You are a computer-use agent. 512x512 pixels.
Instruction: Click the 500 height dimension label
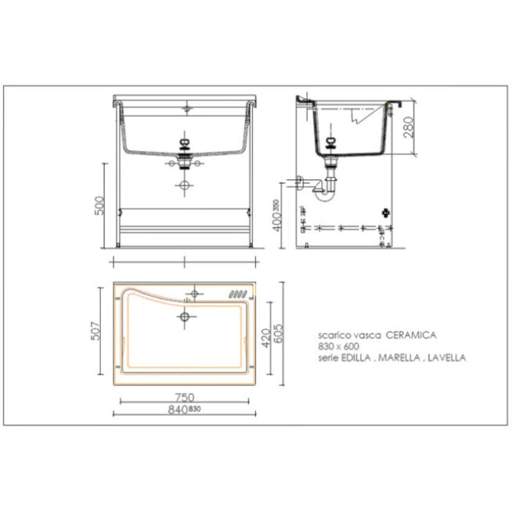coord(102,205)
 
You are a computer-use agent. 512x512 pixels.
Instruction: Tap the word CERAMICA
coord(411,334)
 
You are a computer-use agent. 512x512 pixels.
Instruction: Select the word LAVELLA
coord(445,358)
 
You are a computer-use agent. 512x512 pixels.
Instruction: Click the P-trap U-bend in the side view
coord(326,192)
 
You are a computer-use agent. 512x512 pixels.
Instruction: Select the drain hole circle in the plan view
coord(185,317)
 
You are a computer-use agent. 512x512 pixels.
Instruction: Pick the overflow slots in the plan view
coord(239,295)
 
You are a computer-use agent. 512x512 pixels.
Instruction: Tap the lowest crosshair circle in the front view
coord(185,186)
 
